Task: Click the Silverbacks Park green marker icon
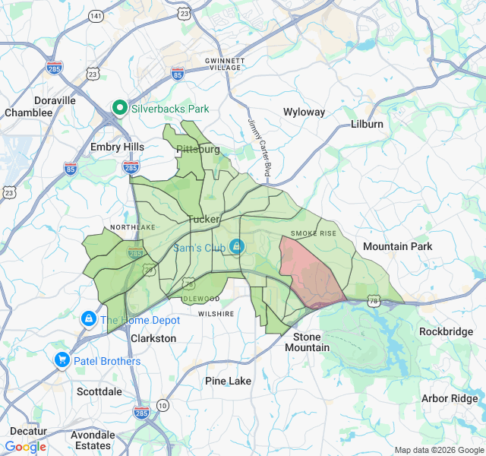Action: click(119, 109)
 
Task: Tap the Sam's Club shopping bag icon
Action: click(237, 246)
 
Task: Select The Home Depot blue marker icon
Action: click(89, 319)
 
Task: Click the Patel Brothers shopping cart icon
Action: click(62, 360)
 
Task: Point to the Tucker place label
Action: click(203, 219)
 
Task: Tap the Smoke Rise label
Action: click(313, 233)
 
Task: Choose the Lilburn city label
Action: click(368, 124)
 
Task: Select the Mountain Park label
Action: click(397, 246)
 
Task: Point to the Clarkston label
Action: click(153, 338)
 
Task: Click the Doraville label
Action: click(55, 100)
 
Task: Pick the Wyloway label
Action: click(304, 112)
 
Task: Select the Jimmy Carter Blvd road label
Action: click(258, 147)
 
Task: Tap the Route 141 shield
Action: click(96, 15)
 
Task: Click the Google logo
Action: click(26, 447)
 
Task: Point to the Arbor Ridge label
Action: click(450, 399)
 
